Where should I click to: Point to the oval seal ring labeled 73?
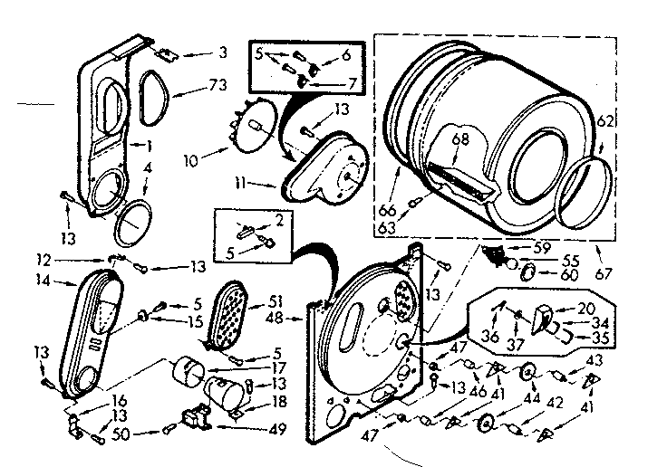(156, 92)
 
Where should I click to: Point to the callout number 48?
(295, 318)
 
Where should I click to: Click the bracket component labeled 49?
(196, 417)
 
